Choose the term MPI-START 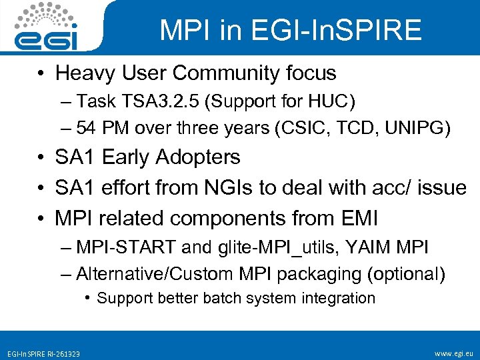click(x=127, y=247)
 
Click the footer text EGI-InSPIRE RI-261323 click(x=43, y=353)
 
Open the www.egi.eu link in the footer click(x=453, y=353)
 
